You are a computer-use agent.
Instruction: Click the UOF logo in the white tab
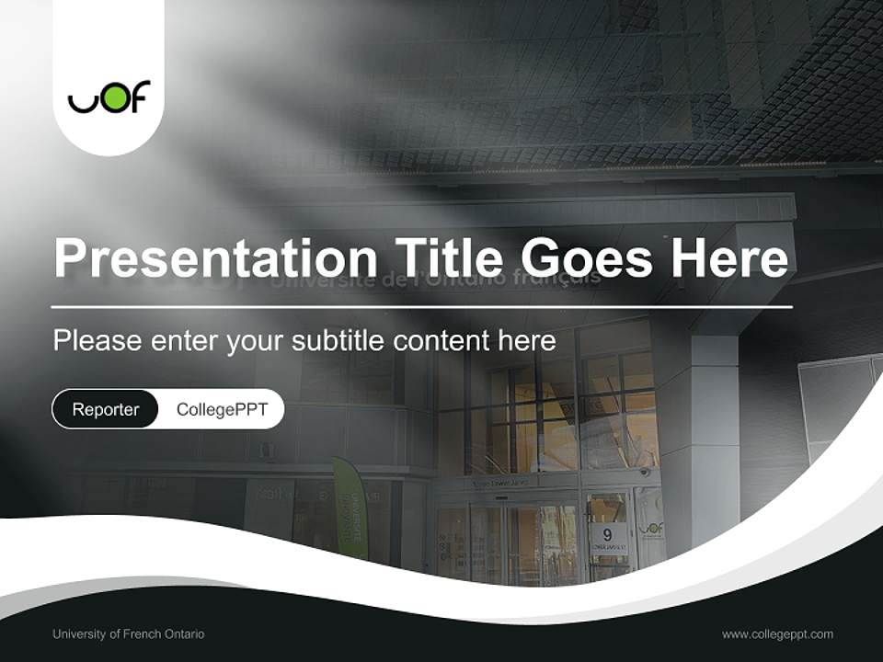click(x=109, y=97)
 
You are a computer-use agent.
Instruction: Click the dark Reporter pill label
click(x=105, y=409)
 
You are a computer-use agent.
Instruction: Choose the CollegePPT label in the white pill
click(x=222, y=409)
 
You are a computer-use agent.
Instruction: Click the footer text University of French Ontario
click(x=128, y=633)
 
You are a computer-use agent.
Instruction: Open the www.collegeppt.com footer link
click(x=777, y=633)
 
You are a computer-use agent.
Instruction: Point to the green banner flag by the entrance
click(x=350, y=508)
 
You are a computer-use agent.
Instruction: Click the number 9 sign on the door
click(x=607, y=534)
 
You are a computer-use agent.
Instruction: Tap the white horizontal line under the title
click(x=421, y=306)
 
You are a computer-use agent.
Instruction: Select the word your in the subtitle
click(x=256, y=342)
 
